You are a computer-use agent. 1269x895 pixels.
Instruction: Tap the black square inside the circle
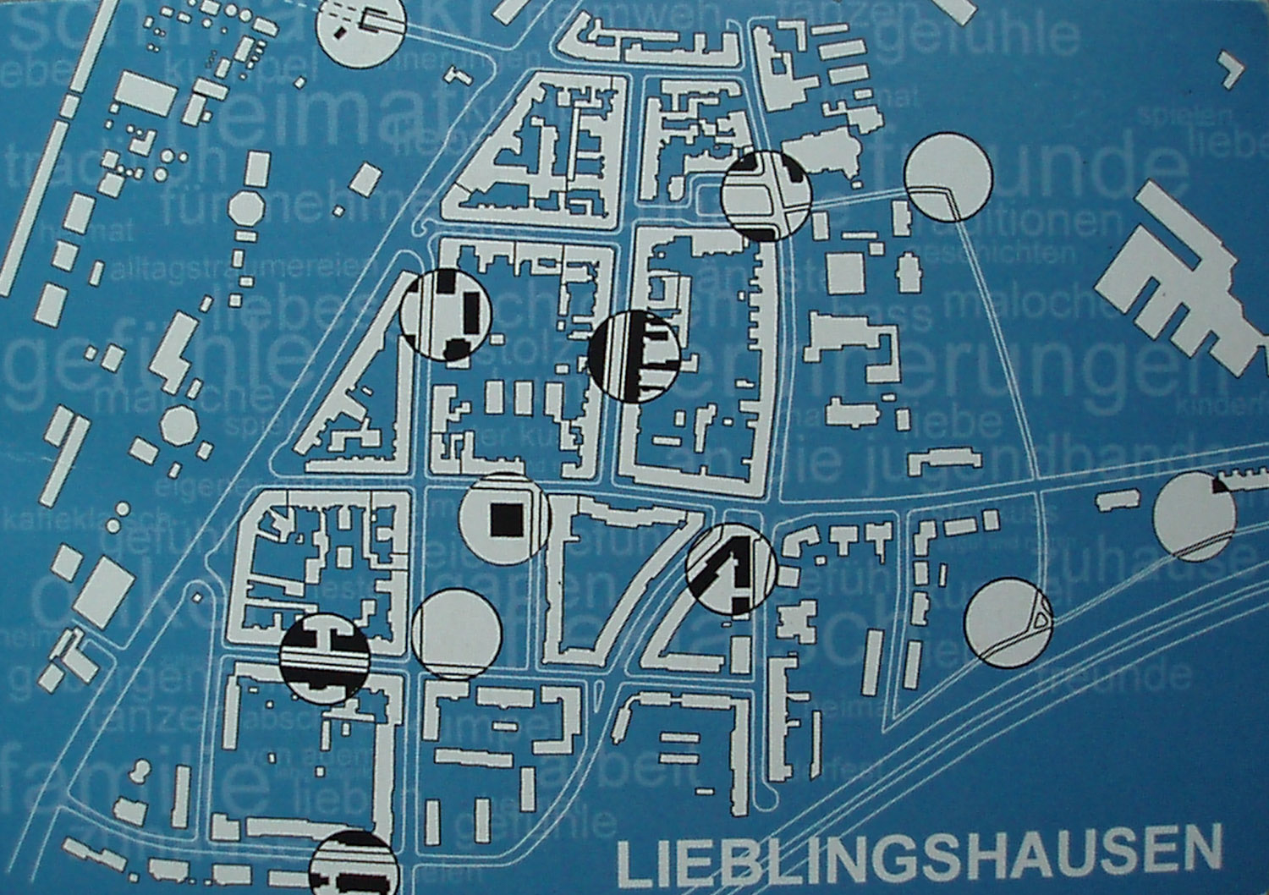(x=504, y=518)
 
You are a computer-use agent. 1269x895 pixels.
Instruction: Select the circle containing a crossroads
(x=766, y=196)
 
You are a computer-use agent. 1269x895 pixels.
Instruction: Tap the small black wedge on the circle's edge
(x=1221, y=486)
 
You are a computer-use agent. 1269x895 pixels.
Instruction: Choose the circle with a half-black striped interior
(x=633, y=355)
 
